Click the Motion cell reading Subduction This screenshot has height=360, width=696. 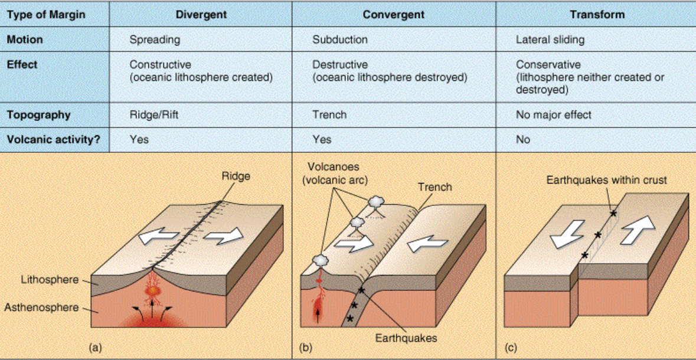click(339, 40)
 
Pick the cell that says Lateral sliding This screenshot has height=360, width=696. click(550, 40)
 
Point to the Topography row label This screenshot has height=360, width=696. click(38, 114)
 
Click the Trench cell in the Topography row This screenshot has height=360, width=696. click(329, 114)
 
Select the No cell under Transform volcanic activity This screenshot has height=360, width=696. click(522, 140)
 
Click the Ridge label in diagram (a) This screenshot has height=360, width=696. click(236, 175)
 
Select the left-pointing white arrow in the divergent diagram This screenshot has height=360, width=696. click(158, 237)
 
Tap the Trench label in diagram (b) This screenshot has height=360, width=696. click(434, 187)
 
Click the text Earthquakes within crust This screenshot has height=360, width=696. click(606, 180)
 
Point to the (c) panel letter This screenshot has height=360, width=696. click(511, 348)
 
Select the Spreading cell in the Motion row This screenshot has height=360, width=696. click(155, 40)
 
